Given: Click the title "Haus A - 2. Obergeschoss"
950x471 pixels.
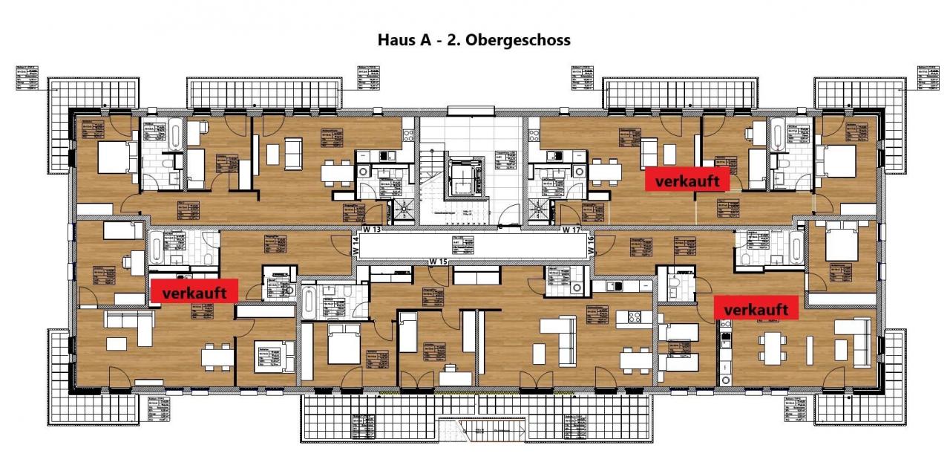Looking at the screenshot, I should (x=474, y=40).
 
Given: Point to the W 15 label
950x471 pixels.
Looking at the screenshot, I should (x=439, y=262).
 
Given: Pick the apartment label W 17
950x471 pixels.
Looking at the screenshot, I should (x=570, y=230).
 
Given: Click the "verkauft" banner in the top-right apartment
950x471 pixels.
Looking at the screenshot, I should (x=687, y=181).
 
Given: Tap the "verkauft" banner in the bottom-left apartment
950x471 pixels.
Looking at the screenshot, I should (x=194, y=291).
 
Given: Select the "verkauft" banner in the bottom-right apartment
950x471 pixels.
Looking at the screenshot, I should (x=756, y=308).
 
